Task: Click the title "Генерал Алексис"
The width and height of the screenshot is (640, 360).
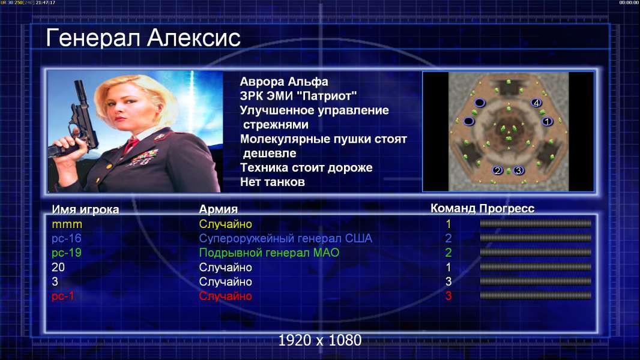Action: point(143,38)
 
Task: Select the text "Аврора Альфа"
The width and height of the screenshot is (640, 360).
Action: point(283,82)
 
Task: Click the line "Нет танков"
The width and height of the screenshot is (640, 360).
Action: point(272,182)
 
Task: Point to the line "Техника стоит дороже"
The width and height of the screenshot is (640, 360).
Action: point(306,167)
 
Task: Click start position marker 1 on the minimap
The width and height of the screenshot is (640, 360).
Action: point(547,121)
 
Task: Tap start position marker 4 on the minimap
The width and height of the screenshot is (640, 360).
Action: point(536,103)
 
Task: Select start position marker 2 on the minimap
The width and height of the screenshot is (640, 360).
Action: point(497,170)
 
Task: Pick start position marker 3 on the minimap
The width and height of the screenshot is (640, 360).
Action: point(518,170)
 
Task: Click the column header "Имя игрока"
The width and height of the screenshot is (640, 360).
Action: point(85,209)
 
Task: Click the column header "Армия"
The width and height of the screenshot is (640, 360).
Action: point(218,209)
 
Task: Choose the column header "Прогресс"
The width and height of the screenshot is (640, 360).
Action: point(507,208)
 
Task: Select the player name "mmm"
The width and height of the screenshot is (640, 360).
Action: point(67,224)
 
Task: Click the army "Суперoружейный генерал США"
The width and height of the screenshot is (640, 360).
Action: point(285,238)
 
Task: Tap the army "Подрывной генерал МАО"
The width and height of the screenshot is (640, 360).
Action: point(269,253)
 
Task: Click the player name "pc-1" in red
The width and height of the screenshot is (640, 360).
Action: point(63,296)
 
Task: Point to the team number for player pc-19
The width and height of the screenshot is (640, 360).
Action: point(448,253)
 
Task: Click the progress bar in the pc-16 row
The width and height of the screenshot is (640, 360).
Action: point(536,238)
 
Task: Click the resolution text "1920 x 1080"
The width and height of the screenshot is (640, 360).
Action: point(319,340)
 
